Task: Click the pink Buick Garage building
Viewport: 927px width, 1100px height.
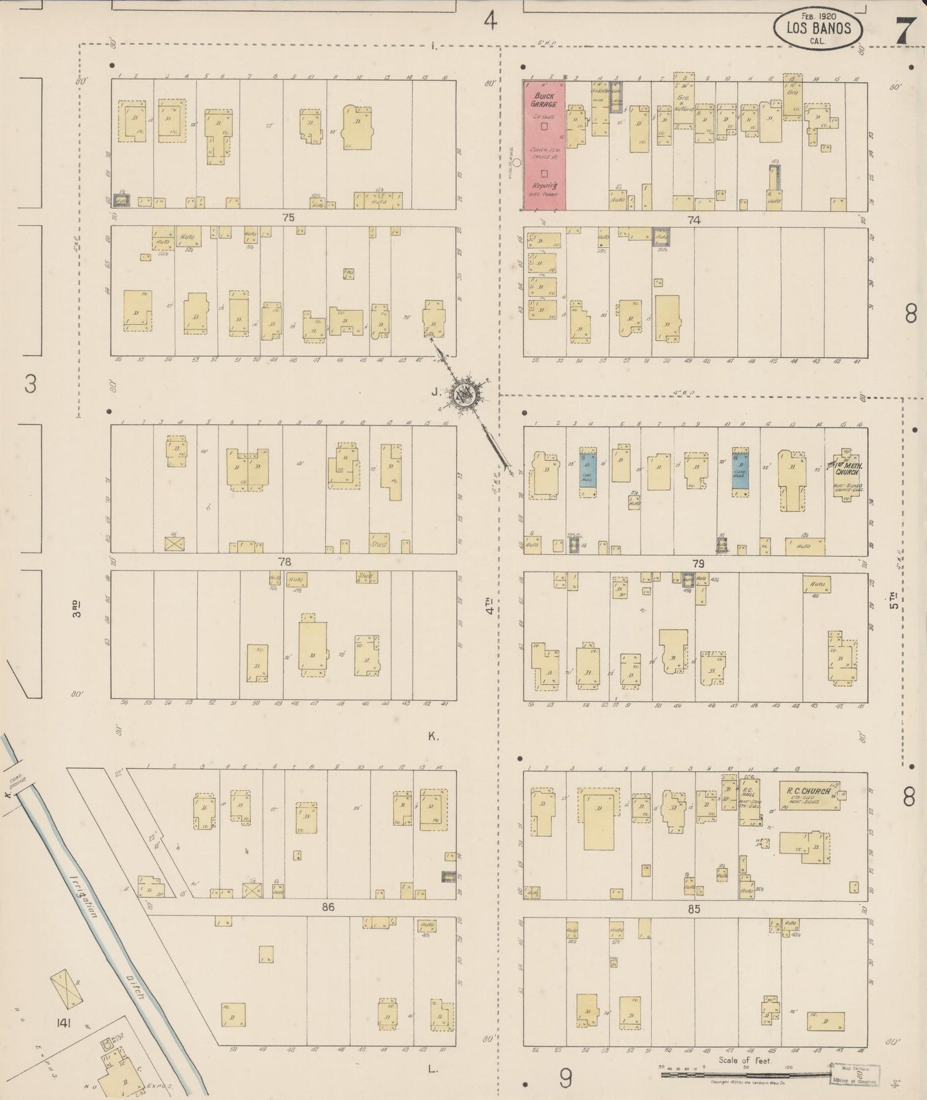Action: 544,145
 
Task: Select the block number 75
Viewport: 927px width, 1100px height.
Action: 288,218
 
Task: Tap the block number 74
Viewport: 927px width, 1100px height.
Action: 693,219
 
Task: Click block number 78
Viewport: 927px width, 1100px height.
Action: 284,562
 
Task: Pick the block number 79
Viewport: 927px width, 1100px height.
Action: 698,563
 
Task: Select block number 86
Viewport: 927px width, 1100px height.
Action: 328,907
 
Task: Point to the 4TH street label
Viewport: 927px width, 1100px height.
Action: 489,606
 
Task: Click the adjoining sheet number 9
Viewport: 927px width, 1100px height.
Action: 565,1079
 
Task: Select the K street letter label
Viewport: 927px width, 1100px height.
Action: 433,736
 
